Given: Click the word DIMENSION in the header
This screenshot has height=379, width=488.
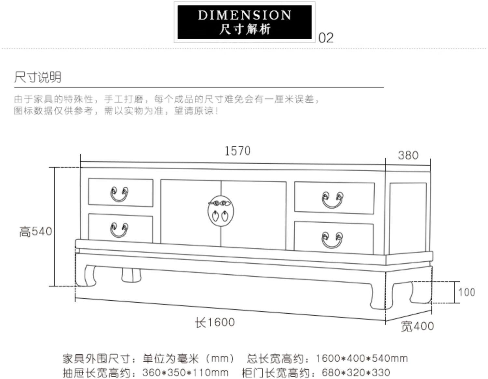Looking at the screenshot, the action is coord(244,15).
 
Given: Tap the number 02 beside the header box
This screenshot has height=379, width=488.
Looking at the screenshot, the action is coord(326,38).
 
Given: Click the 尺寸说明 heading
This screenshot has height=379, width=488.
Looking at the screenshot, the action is coord(37,77).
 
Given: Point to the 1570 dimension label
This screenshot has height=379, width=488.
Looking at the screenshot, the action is coord(237,151).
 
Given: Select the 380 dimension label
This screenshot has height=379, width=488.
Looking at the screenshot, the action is coord(408,155).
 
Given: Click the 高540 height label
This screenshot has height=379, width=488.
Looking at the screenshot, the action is coord(35,232).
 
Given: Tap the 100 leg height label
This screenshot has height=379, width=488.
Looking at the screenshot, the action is coord(467,292).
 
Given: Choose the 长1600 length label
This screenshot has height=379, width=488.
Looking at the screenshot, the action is coord(215,322).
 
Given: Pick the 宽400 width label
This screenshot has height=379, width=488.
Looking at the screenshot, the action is coord(417,326).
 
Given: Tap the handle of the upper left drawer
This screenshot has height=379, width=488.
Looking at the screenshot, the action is coord(119,194).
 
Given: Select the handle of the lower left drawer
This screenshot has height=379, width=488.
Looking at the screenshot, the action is coord(119,230).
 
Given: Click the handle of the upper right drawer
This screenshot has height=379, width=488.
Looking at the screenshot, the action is coord(332,200).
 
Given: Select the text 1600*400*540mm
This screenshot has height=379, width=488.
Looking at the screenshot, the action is coord(361,359).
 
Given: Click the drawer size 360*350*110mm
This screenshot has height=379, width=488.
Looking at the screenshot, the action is coord(185,372).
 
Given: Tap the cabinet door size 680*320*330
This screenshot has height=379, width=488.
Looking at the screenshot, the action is coord(356,372).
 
